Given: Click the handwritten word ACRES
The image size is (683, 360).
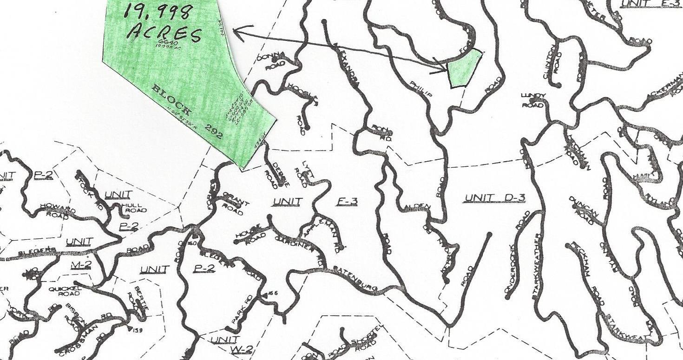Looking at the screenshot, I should coord(165,34).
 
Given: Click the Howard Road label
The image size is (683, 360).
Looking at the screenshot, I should coord(58,209).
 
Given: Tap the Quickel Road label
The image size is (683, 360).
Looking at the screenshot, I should coord(65,291).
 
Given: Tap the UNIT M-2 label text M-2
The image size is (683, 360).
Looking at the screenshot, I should coord(82,265).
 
